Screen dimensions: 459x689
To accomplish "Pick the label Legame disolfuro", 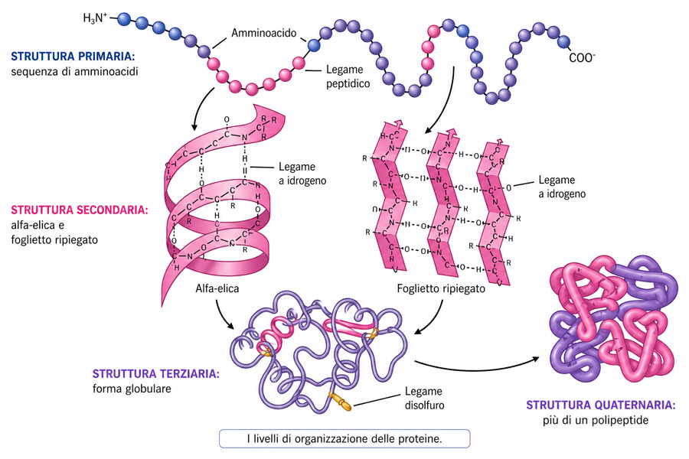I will coord(425,397).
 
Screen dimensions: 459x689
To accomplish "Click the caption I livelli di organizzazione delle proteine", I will coord(344,438).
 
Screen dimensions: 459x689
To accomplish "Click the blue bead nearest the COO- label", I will coord(564,41).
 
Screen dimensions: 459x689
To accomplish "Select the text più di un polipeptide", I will coord(602,420).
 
